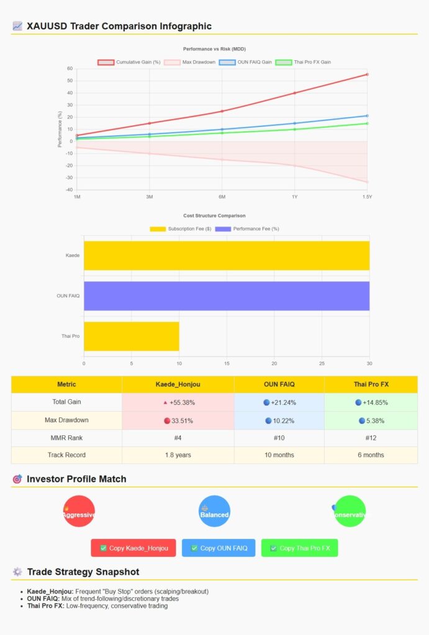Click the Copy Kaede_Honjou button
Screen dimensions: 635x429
133,548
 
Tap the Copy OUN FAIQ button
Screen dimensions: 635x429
219,548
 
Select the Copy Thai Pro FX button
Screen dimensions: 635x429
299,548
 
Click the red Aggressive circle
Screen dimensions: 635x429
79,511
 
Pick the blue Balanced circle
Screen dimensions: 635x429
214,511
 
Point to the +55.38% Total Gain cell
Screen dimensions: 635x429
178,402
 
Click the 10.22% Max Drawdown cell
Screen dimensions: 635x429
279,420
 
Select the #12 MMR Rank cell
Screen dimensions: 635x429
370,437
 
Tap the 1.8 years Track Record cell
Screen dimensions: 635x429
178,455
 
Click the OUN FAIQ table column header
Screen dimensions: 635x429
279,384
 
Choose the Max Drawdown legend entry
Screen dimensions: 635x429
190,62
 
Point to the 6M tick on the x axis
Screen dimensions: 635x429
222,197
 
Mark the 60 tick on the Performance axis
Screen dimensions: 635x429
70,69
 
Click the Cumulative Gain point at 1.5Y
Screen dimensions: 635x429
367,74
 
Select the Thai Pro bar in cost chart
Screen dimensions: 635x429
132,336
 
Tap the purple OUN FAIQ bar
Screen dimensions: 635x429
227,296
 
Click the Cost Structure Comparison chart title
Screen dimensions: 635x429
214,216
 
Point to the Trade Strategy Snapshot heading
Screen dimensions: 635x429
83,572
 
